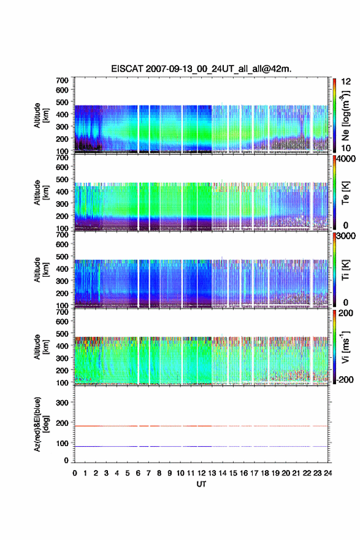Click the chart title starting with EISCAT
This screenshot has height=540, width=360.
tap(201, 69)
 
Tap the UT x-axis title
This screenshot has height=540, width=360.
tap(201, 484)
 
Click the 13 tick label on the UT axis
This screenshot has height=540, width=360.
tap(212, 473)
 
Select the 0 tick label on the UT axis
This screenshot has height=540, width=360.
tap(75, 473)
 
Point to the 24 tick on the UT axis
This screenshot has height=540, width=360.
tap(328, 473)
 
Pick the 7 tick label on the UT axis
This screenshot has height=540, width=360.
tap(148, 473)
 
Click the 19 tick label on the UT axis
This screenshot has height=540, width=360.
tap(275, 473)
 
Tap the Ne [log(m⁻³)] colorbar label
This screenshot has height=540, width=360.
tap(345, 115)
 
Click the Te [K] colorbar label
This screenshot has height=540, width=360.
tap(345, 193)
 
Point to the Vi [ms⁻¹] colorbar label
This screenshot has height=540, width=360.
tap(345, 347)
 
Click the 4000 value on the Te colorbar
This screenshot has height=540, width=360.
tap(345, 159)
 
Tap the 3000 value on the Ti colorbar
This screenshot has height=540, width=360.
tap(345, 236)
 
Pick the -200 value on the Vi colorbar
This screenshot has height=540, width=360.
tap(344, 379)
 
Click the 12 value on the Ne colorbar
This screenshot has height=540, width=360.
tap(345, 82)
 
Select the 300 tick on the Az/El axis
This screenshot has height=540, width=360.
tap(63, 403)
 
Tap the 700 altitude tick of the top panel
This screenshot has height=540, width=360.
tap(63, 80)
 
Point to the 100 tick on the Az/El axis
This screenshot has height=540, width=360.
tap(63, 443)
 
